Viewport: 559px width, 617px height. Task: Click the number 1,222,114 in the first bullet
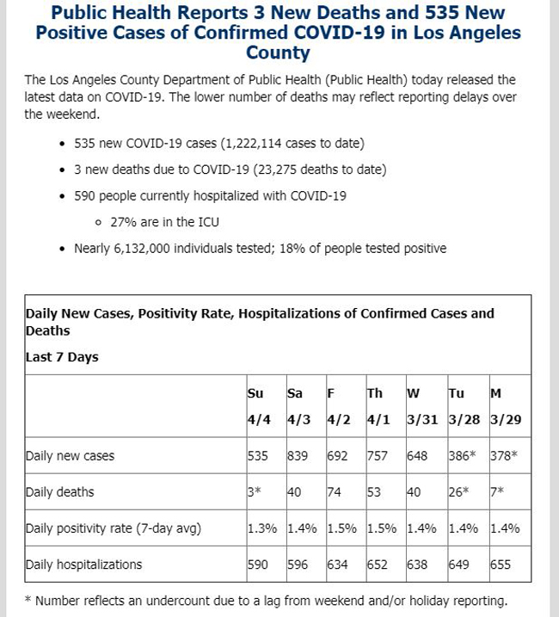coord(251,143)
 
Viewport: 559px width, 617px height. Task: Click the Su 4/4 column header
coord(259,406)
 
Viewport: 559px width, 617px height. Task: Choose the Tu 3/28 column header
coord(464,406)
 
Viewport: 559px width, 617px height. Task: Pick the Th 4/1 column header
coord(378,406)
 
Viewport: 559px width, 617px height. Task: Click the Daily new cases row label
coord(70,456)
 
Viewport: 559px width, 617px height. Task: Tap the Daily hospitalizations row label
coord(83,565)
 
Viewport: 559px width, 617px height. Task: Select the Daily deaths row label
coord(60,492)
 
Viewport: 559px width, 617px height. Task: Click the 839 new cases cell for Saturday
coord(298,456)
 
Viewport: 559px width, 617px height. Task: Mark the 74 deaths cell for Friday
coord(334,492)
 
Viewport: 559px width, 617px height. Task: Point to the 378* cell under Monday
coord(504,456)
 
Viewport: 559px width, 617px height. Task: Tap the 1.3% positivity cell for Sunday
coord(262,528)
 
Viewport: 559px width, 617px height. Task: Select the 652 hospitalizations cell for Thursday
coord(378,565)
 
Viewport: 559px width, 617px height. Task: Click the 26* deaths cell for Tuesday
coord(458,492)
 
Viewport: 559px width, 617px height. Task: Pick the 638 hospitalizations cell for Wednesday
coord(417,565)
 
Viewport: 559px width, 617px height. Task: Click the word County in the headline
coord(278,52)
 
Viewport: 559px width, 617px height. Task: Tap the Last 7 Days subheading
coord(62,357)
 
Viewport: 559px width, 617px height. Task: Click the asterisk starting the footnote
coord(28,600)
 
